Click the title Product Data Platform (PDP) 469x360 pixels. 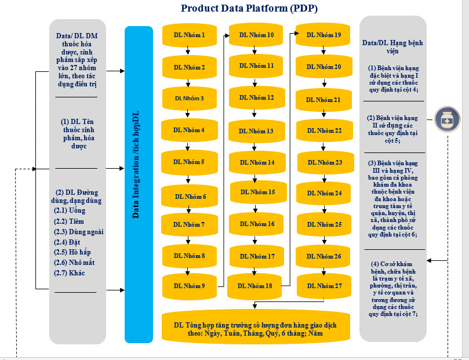(249, 8)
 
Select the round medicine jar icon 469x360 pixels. (447, 120)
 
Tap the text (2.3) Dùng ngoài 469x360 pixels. (78, 231)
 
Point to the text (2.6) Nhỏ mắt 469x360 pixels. (74, 263)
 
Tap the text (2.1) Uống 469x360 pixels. (70, 210)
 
